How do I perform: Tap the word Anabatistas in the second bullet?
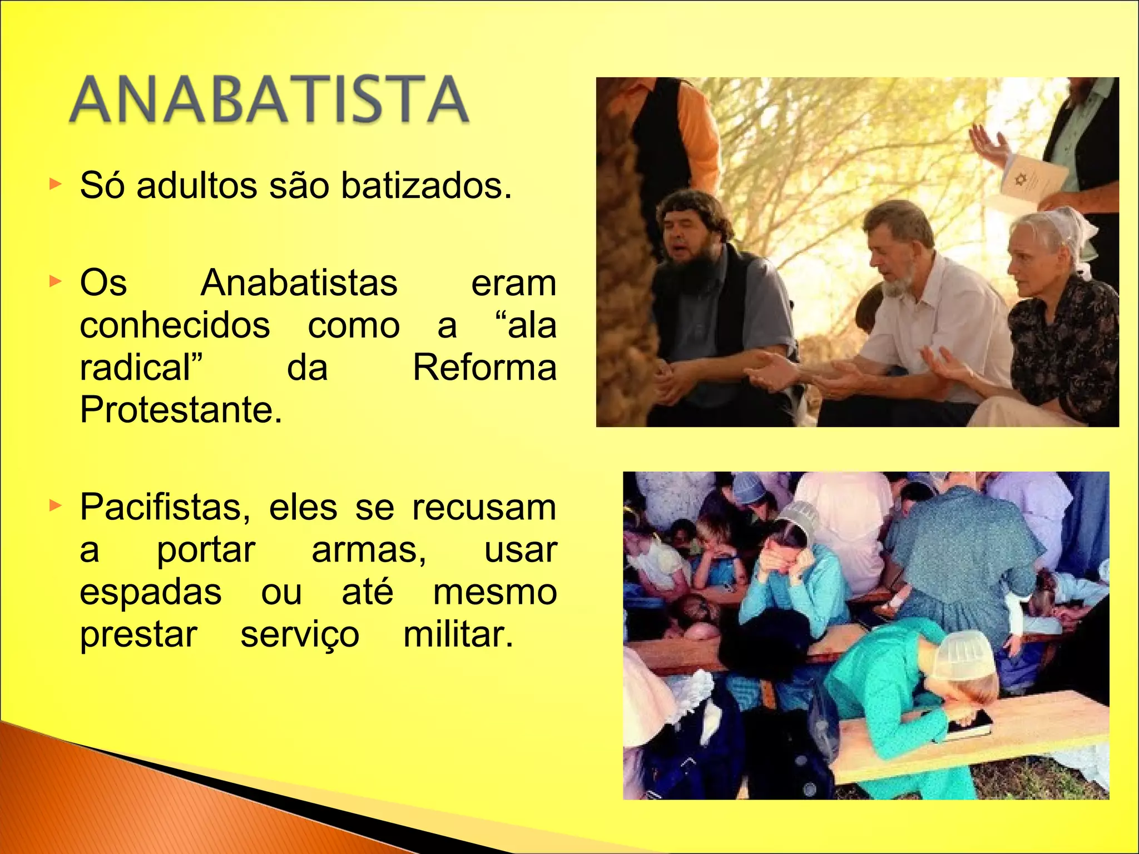[299, 283]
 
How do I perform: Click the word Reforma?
[484, 368]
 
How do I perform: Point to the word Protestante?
[181, 410]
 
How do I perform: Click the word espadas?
[151, 592]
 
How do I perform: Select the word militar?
[458, 634]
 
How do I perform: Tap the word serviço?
[300, 635]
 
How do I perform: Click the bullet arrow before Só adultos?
[55, 184]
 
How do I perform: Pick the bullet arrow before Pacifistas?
[55, 505]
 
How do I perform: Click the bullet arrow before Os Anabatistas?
[55, 281]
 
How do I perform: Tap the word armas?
[368, 550]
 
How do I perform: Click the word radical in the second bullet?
[138, 368]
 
